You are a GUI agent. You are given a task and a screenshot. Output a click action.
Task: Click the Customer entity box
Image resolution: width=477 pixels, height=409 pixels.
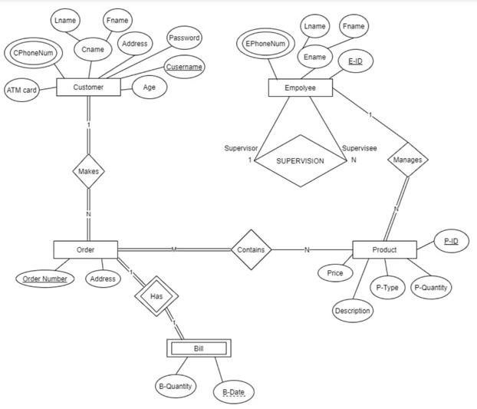point(88,87)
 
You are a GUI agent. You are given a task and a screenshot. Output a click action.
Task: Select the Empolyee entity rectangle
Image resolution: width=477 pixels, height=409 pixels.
point(301,88)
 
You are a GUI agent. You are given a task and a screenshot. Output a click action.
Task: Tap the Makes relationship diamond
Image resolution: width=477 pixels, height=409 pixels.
point(88,171)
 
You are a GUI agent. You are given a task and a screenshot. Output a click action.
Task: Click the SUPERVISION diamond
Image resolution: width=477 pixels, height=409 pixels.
point(300,161)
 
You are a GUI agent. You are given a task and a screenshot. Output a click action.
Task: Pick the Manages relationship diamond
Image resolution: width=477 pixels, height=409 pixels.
point(406,160)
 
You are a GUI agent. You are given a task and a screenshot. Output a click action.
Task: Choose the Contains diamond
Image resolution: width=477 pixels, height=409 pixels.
point(251,249)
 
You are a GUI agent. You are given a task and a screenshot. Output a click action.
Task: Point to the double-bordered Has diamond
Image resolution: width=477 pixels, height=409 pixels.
point(156,296)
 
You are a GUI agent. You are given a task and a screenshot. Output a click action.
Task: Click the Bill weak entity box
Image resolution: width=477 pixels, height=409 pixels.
point(199,348)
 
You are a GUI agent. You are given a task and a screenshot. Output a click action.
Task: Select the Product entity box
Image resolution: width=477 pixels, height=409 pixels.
point(384,250)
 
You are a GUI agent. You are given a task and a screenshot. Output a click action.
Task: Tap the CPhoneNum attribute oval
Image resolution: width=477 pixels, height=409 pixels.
point(34,52)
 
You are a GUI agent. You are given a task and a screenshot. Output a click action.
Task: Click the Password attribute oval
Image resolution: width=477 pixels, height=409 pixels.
point(184,38)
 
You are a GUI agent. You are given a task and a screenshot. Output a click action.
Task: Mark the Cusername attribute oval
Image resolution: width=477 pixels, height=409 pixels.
point(184,67)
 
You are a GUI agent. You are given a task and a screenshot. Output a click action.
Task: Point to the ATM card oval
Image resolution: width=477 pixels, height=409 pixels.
point(22,90)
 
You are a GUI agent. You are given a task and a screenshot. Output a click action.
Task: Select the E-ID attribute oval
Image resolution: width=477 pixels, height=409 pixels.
point(355,61)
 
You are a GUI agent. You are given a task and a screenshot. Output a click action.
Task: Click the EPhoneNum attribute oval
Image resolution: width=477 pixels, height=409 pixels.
point(265,44)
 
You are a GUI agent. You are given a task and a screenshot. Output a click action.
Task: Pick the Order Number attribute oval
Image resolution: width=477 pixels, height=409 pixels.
point(44,279)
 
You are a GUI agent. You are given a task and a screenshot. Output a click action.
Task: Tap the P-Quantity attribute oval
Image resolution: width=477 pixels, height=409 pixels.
point(432,288)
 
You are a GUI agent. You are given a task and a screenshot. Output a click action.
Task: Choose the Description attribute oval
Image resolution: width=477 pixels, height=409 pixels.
point(353,311)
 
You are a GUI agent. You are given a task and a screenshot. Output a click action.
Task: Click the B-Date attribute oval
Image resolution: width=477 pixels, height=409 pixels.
point(233,393)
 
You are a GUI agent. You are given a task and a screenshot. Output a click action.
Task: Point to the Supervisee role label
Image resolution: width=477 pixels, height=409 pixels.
point(359,147)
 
